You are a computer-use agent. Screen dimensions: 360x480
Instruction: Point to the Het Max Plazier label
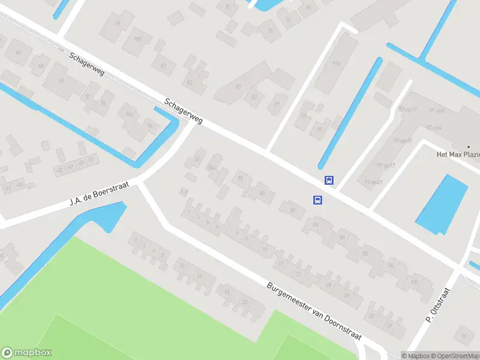pos(458,154)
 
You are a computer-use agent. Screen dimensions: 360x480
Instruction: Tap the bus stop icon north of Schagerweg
pos(329,180)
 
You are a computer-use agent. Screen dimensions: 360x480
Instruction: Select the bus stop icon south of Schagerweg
pos(317,200)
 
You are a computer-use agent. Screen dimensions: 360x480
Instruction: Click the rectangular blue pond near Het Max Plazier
pos(442,204)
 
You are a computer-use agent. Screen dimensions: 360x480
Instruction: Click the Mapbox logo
pos(26,353)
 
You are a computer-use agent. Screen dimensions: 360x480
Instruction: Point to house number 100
pos(413,281)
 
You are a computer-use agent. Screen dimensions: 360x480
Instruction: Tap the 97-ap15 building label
pos(406,140)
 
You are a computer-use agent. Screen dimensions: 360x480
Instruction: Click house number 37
pos(389,326)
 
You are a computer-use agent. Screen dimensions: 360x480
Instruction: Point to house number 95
pos(319,128)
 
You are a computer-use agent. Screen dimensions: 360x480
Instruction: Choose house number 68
pos(41,65)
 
